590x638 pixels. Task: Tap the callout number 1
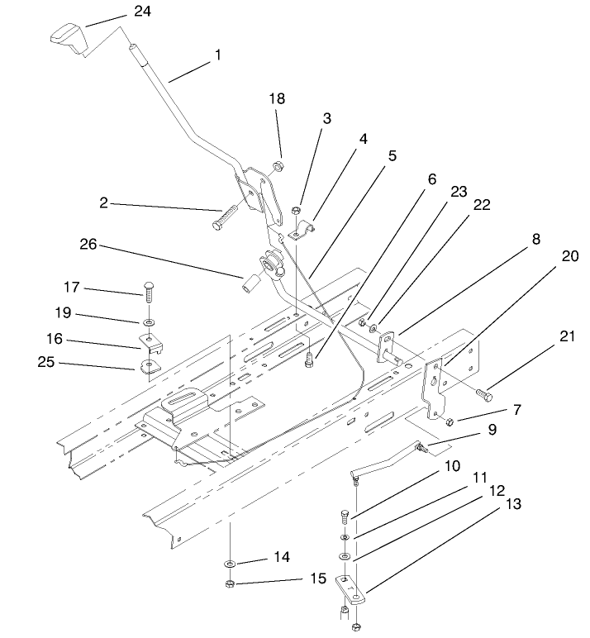(x=217, y=55)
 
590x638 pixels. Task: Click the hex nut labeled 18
(x=279, y=165)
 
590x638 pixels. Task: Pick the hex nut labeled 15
(x=231, y=584)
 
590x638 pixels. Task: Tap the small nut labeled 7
(x=450, y=422)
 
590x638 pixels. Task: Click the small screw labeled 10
(x=345, y=519)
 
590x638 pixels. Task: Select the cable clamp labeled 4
(x=302, y=232)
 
